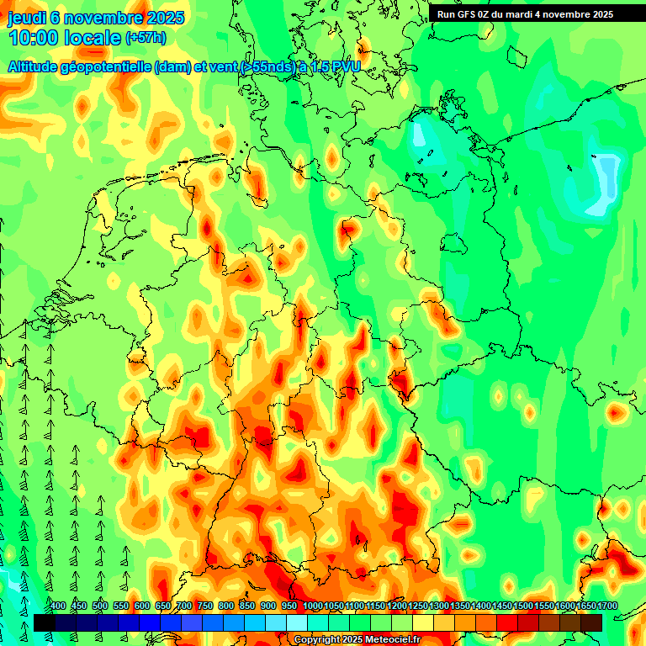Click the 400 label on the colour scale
[x=58, y=606]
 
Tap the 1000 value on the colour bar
[x=312, y=606]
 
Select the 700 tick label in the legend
[x=184, y=606]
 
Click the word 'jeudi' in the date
[x=26, y=18]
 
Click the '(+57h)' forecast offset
[x=146, y=38]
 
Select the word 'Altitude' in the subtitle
[x=34, y=67]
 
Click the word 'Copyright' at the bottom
[x=317, y=640]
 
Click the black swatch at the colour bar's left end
[x=44, y=622]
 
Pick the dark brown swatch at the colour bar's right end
[x=591, y=622]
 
